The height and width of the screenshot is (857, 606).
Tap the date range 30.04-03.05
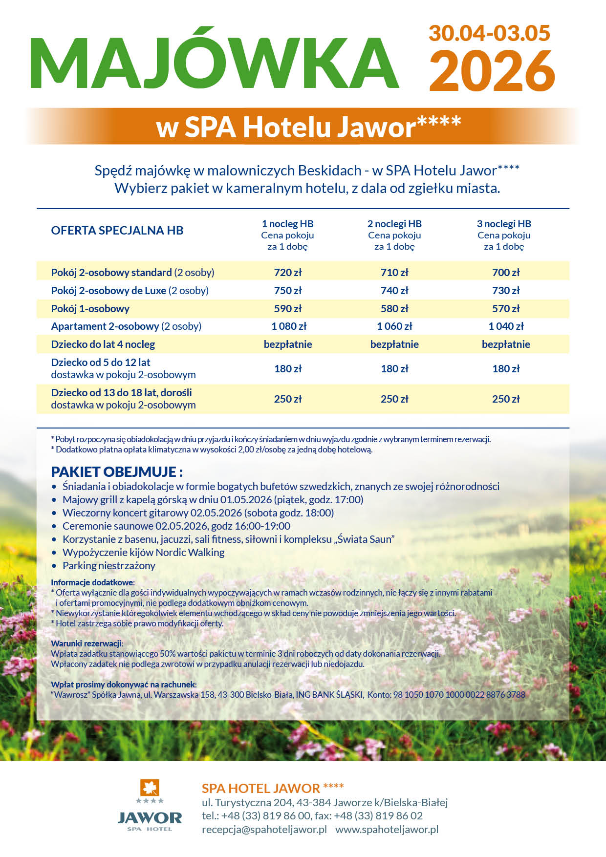pyautogui.click(x=489, y=33)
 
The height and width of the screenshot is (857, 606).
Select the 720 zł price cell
pyautogui.click(x=288, y=273)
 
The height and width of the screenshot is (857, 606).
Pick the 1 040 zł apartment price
pyautogui.click(x=506, y=326)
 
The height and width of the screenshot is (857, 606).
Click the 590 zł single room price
pyautogui.click(x=288, y=309)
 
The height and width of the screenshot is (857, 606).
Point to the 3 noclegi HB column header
pyautogui.click(x=504, y=224)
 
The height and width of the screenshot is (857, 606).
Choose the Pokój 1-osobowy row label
pyautogui.click(x=90, y=309)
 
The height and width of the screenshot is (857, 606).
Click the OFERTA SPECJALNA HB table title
pyautogui.click(x=117, y=231)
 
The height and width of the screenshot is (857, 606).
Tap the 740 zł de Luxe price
pyautogui.click(x=394, y=291)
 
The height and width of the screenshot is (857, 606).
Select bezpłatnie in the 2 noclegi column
pyautogui.click(x=394, y=344)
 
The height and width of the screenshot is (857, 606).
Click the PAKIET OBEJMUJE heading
pyautogui.click(x=117, y=472)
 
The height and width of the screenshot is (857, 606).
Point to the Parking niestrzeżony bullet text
pyautogui.click(x=109, y=566)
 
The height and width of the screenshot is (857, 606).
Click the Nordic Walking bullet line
pyautogui.click(x=144, y=553)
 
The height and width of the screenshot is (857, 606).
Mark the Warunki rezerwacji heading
pyautogui.click(x=87, y=643)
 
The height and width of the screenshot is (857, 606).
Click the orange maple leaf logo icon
pyautogui.click(x=150, y=788)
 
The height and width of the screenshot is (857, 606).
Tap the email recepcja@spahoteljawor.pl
pyautogui.click(x=264, y=829)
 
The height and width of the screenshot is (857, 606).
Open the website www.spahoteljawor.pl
pyautogui.click(x=387, y=829)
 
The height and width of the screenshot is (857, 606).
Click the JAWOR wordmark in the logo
pyautogui.click(x=150, y=817)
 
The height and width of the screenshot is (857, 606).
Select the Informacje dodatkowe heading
pyautogui.click(x=93, y=582)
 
